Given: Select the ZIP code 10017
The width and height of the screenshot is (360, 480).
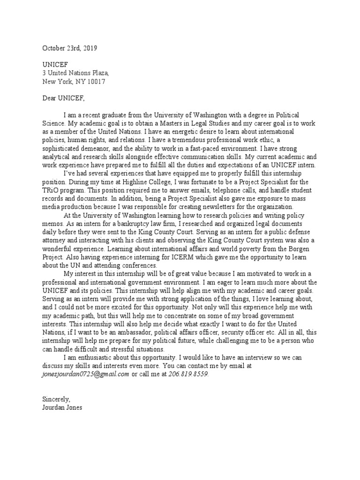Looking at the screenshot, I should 95,81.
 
